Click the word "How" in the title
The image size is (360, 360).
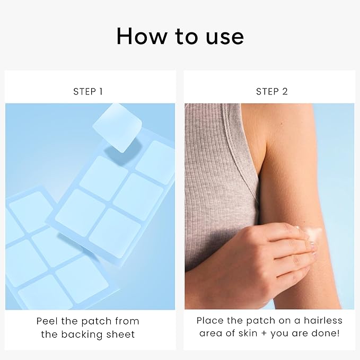142,36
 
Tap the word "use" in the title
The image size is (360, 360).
225,38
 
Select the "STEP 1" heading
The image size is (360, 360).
87,92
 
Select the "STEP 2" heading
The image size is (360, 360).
272,92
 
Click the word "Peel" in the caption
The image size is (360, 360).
47,321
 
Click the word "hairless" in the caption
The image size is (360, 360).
323,320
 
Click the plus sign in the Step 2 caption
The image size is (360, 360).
264,333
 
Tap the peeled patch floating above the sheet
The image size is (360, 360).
117,128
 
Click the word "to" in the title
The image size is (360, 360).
186,37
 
